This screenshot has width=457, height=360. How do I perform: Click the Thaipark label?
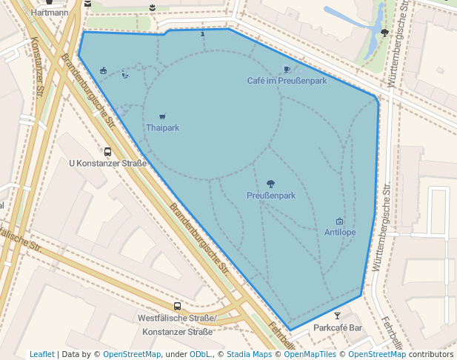[162, 128]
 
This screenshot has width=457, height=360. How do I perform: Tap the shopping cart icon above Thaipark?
[162, 116]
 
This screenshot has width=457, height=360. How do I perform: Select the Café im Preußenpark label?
[287, 81]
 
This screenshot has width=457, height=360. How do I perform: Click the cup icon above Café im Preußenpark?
[287, 70]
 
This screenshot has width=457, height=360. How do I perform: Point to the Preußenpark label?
[271, 196]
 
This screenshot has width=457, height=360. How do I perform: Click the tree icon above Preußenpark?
[271, 184]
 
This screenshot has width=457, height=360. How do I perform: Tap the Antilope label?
[340, 233]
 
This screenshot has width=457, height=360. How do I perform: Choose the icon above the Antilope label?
[340, 221]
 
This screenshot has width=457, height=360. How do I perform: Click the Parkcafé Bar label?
[338, 327]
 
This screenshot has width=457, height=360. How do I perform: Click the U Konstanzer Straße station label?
[107, 163]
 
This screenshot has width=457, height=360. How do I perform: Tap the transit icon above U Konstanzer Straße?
[108, 151]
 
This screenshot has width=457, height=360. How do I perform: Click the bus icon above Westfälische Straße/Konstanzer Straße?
[177, 306]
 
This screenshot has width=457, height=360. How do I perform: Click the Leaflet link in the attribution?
[42, 355]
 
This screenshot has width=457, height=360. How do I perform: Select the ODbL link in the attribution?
[200, 355]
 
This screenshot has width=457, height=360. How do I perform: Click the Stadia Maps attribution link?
[249, 355]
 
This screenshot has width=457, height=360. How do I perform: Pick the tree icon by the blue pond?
[384, 33]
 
